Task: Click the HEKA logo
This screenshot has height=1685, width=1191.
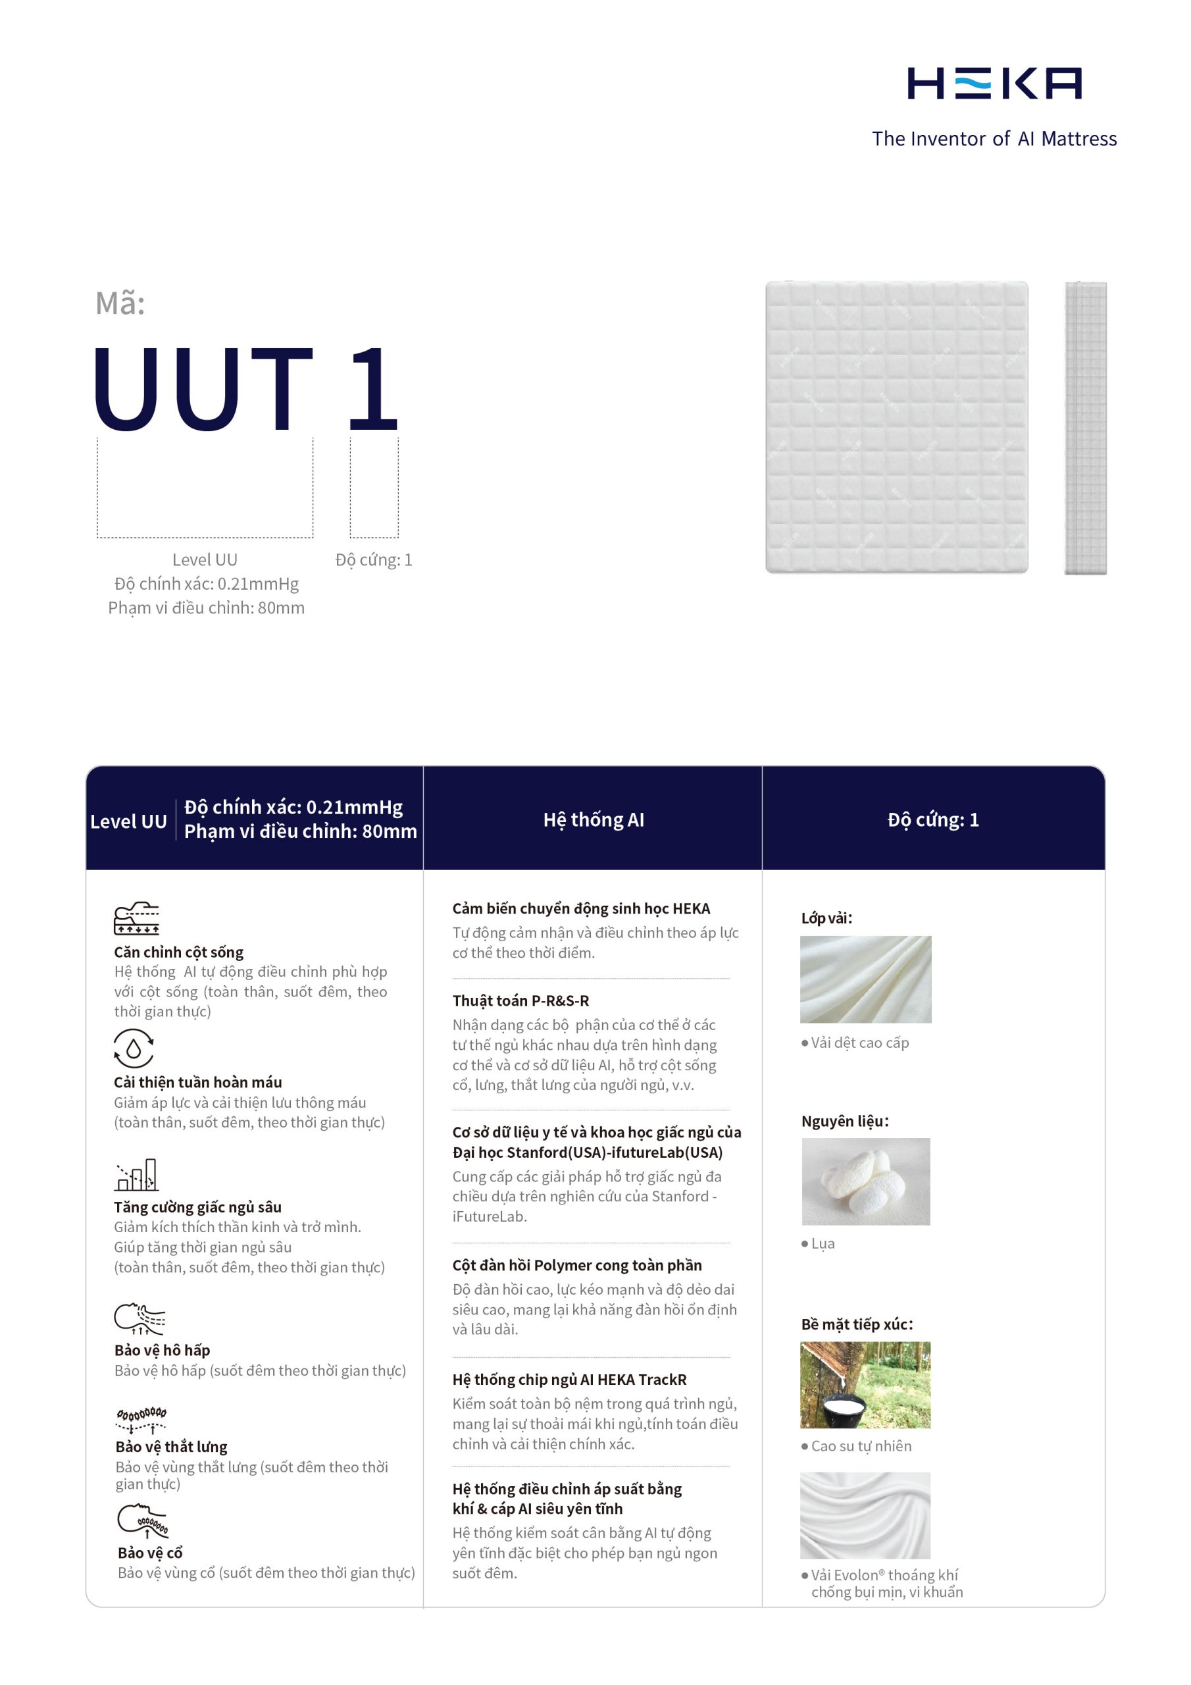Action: click(994, 83)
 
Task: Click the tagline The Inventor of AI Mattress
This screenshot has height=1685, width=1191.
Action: click(994, 139)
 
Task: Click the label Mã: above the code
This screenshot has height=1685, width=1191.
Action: click(120, 303)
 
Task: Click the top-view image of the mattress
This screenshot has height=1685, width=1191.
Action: click(896, 427)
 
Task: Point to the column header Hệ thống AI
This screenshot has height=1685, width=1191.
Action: click(593, 819)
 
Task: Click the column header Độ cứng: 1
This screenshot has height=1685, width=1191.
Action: click(932, 819)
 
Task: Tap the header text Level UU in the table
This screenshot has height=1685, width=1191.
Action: click(128, 821)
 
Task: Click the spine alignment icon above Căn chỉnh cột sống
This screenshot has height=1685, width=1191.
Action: click(136, 918)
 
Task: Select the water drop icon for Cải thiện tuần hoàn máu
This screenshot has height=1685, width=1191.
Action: click(134, 1048)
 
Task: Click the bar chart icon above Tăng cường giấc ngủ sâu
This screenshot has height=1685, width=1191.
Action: click(136, 1174)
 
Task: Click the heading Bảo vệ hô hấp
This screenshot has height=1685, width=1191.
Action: click(162, 1351)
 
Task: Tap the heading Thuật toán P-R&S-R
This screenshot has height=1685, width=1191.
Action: click(520, 1000)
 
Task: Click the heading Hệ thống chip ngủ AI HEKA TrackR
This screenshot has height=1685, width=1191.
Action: click(569, 1380)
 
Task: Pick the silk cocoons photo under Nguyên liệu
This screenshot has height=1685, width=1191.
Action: click(865, 1181)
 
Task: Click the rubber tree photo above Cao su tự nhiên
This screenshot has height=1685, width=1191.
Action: click(865, 1385)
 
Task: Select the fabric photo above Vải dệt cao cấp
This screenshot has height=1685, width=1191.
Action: click(865, 979)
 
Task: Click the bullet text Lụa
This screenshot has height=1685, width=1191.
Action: click(823, 1243)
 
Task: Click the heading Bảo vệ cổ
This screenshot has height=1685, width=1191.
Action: click(150, 1553)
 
